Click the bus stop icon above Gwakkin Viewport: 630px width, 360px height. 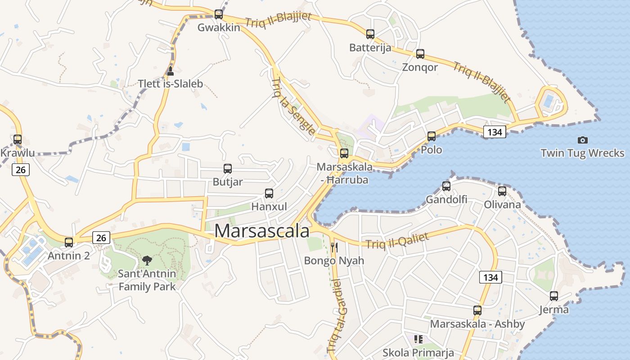pyautogui.click(x=219, y=14)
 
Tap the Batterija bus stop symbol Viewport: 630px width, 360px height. pyautogui.click(x=370, y=34)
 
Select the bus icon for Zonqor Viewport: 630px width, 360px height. pyautogui.click(x=420, y=54)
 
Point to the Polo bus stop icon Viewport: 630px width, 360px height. pyautogui.click(x=432, y=136)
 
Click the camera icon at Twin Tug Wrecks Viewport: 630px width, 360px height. pyautogui.click(x=583, y=140)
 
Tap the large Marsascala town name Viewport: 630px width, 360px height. pyautogui.click(x=262, y=231)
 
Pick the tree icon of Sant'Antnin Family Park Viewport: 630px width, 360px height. pyautogui.click(x=147, y=260)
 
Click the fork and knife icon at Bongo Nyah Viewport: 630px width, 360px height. pyautogui.click(x=334, y=247)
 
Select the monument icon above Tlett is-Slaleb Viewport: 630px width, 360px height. pyautogui.click(x=170, y=71)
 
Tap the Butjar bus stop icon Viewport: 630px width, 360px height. pyautogui.click(x=228, y=169)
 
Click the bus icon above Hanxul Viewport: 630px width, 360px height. pyautogui.click(x=269, y=193)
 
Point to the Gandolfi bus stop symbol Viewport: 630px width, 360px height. pyautogui.click(x=446, y=186)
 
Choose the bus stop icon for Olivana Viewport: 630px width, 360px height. pyautogui.click(x=502, y=191)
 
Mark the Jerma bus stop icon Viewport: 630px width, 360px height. pyautogui.click(x=554, y=296)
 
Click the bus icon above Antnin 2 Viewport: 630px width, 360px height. pyautogui.click(x=69, y=242)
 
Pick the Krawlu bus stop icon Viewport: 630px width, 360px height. pyautogui.click(x=18, y=139)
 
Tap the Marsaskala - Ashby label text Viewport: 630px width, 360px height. pyautogui.click(x=477, y=324)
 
